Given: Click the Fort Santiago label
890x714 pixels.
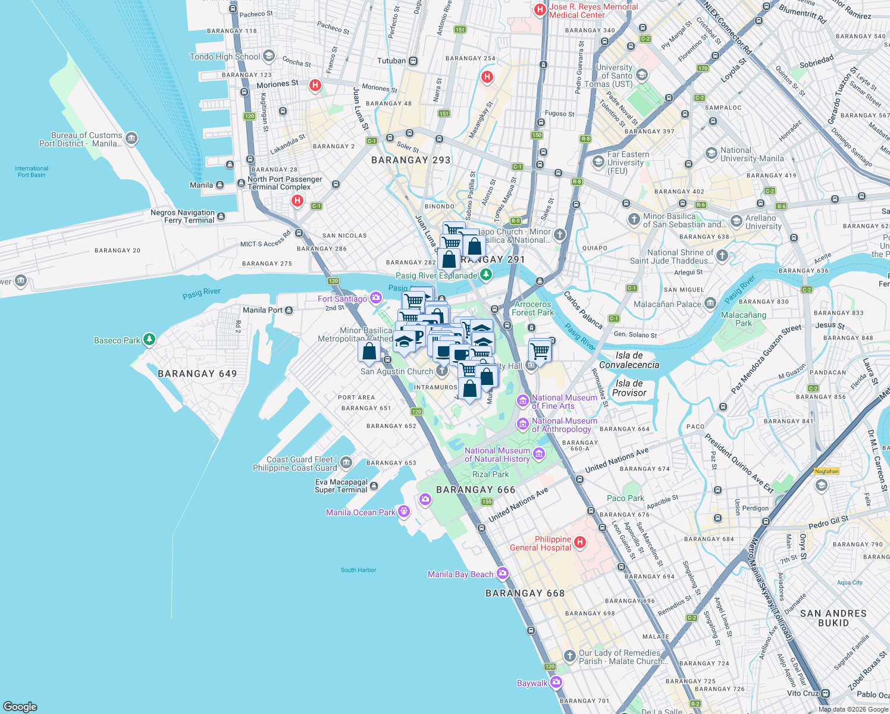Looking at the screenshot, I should click(342, 299).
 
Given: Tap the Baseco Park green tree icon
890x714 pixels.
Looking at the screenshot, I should click(149, 340).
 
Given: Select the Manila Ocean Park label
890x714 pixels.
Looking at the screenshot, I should click(361, 512).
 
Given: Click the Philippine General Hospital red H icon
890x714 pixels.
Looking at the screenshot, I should click(579, 543).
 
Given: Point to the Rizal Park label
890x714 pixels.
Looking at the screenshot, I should click(490, 474).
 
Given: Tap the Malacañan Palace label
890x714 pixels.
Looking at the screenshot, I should click(667, 304).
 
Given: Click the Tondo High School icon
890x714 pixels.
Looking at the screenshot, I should click(268, 57).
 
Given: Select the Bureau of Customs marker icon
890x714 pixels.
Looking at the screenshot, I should click(131, 139).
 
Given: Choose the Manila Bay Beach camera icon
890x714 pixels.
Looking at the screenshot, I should click(503, 574).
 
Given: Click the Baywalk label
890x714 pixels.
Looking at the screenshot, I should click(532, 683).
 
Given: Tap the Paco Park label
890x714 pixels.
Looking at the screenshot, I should click(625, 498).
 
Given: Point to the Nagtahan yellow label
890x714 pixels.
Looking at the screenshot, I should click(826, 471).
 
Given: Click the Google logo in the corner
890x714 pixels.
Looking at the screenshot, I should click(20, 706).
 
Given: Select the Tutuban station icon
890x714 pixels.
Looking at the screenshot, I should click(413, 61).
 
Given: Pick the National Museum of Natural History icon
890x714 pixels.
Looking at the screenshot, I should click(539, 455).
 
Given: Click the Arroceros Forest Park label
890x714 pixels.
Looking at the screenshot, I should click(532, 308).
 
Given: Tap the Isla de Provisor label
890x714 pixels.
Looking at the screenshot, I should click(629, 388).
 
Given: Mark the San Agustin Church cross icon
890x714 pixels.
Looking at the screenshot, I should click(441, 371).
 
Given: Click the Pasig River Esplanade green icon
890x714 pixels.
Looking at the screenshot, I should click(486, 274).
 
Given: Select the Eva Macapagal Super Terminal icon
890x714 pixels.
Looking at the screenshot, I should click(374, 486).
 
